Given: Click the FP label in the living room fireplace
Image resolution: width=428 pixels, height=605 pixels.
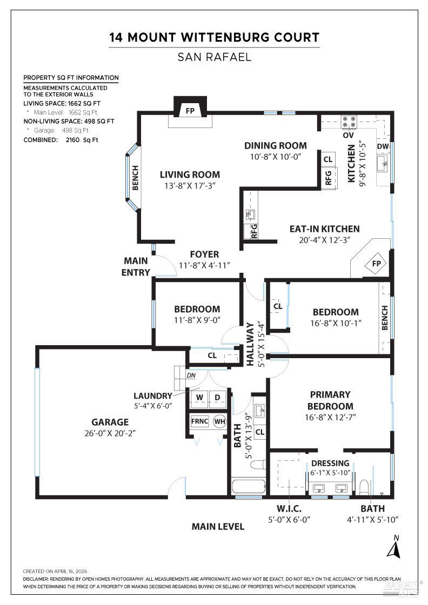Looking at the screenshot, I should coord(190,110).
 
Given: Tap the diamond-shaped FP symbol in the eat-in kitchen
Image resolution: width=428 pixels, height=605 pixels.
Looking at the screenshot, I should coord(375,264).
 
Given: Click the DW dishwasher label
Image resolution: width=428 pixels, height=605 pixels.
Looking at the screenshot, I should coord(383,146).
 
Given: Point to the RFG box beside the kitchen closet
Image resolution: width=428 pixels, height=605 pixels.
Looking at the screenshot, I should coord(328,178).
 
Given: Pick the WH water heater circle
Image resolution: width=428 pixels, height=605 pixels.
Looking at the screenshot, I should coord(219,421).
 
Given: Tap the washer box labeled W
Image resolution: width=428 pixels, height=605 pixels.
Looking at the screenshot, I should coord(199,398).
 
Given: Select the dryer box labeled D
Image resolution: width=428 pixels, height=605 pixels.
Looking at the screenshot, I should coord(218,398).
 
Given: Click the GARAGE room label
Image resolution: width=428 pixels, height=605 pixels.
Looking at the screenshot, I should coord(110,422).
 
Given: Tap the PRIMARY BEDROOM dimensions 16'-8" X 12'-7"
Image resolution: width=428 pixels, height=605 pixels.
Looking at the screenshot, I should coord(330,417).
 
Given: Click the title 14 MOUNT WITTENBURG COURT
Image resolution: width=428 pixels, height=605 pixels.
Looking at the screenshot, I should coord(214,37).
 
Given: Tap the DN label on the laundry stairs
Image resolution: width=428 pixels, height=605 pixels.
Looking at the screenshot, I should coord(191,375).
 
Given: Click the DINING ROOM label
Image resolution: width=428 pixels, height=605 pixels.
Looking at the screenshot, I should coord(275,145).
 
